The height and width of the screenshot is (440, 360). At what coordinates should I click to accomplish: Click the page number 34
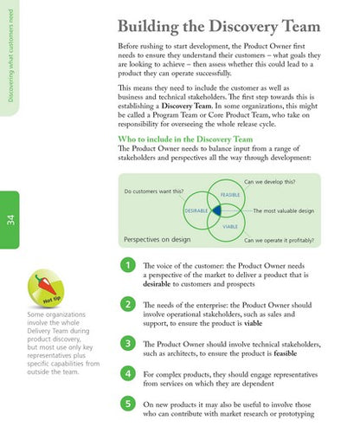coord(10,219)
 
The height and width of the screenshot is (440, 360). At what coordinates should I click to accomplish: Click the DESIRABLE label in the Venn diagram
coord(196,211)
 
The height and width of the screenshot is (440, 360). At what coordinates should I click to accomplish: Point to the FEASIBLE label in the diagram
coord(229,195)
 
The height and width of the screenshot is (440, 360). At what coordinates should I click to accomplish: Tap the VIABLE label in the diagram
coord(230,226)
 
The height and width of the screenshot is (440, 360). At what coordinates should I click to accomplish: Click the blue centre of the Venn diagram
coord(216,210)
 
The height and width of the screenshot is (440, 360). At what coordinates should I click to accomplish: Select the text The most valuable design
coord(283,211)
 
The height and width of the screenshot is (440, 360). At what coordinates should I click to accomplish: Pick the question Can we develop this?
coord(270,182)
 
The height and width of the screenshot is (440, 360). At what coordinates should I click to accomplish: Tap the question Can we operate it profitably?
coord(279,240)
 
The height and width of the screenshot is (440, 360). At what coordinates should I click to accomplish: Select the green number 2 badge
coord(126,305)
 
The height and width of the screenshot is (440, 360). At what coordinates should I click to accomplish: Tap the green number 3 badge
coord(126,344)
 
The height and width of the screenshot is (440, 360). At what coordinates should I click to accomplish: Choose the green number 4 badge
coord(126,373)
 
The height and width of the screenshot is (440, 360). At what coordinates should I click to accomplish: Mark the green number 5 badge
coord(126,404)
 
